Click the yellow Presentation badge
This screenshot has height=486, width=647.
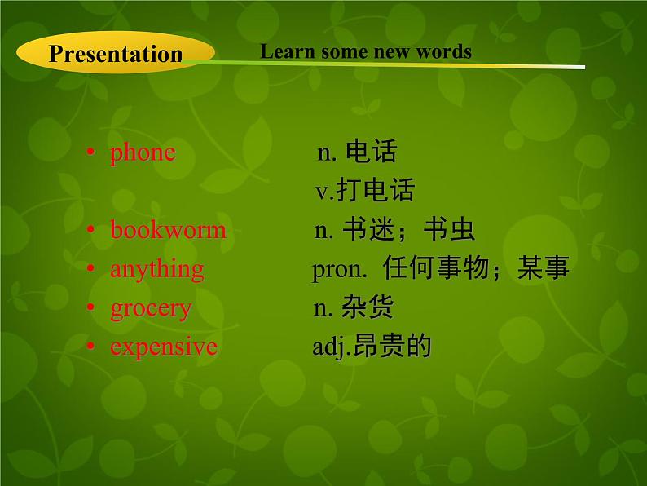point(115,54)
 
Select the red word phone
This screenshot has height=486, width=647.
point(143,152)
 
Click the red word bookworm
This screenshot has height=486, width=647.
point(168,230)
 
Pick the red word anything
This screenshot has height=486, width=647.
point(157,269)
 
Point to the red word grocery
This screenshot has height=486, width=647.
point(151,308)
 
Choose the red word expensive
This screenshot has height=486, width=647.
point(164,347)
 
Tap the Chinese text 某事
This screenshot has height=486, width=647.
point(543,269)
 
